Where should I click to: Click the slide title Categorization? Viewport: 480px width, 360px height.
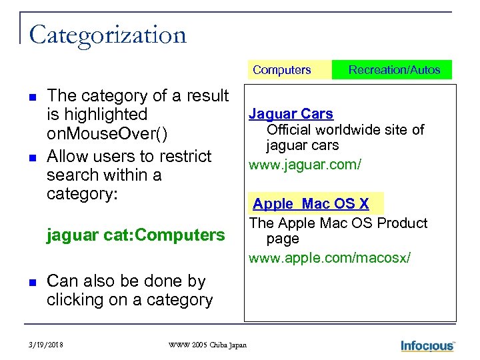(107, 35)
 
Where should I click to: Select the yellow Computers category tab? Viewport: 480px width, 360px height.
(281, 70)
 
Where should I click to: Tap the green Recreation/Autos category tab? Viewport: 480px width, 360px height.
(394, 70)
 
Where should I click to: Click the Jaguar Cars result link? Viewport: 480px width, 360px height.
(291, 114)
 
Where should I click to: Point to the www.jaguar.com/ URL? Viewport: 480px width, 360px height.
(305, 164)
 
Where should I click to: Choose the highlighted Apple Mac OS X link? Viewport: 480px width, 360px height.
(311, 204)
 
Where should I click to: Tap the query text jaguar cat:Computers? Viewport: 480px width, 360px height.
(135, 235)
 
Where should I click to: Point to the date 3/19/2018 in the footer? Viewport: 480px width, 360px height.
(47, 345)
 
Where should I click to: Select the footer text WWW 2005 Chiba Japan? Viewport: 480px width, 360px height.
(207, 345)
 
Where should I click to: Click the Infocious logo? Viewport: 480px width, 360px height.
(427, 345)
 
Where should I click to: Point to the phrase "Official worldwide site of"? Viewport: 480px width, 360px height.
(345, 129)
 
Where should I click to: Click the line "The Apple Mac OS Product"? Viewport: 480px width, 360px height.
(338, 223)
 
